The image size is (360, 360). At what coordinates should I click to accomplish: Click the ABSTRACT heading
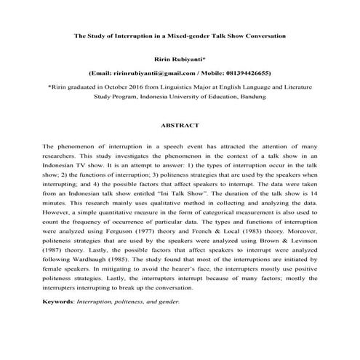(x=180, y=125)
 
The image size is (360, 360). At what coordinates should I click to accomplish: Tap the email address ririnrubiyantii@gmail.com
(x=153, y=73)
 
